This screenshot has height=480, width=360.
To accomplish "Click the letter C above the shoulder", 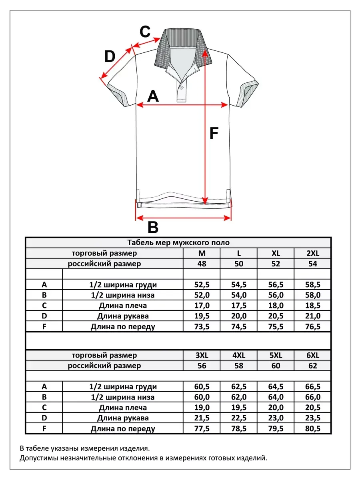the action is point(145,32).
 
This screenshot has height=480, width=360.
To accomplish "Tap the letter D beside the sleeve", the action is point(110,56).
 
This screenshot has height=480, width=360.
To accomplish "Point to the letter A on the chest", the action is point(153,96).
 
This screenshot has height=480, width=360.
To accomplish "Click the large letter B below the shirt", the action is point(153,227).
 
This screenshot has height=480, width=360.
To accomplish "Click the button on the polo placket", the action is point(181,88).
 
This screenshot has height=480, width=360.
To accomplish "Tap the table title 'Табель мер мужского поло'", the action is point(178,242).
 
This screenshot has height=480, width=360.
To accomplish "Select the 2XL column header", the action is point(312,253).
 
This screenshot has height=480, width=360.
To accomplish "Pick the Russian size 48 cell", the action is point(202,264).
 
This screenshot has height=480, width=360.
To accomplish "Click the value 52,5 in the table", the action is point(202,285).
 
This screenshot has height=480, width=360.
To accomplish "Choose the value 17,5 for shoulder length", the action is point(239,306).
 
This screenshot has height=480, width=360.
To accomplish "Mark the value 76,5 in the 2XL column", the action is point(312,326).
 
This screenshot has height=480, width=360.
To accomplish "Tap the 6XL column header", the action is point(312,355).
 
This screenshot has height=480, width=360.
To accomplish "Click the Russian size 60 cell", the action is point(276,366).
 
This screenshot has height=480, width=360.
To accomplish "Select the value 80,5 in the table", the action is point(312,428).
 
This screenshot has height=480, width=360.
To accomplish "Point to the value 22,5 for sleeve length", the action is point(239,418).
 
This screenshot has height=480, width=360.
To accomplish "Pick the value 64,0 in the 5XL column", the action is point(276,397).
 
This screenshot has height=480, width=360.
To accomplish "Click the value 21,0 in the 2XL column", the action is point(312,316).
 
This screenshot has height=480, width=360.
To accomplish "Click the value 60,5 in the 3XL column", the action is point(202,387).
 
